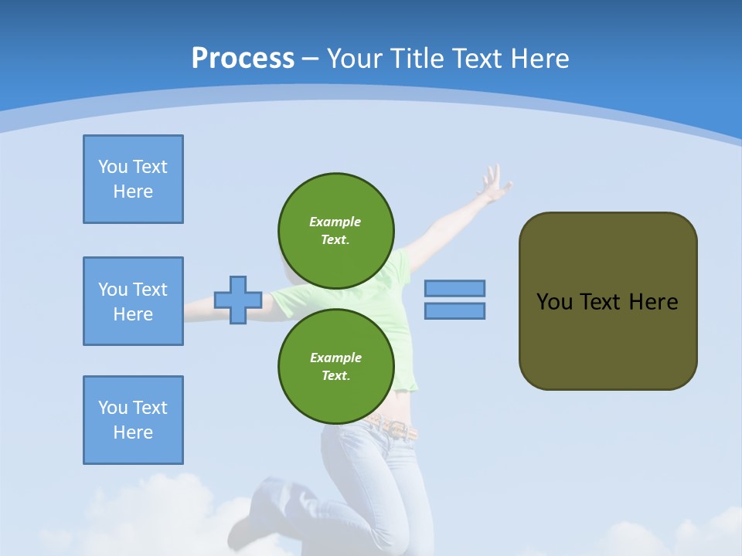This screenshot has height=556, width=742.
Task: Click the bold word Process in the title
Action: click(243, 59)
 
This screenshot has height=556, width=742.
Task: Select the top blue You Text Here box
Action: click(133, 179)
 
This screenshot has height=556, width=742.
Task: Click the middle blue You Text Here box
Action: click(133, 301)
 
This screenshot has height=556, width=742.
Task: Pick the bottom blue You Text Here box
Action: click(133, 420)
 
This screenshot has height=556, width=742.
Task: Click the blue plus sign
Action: click(238, 300)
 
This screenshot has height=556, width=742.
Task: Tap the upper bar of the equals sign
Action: click(454, 288)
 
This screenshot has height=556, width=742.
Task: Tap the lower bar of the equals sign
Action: click(454, 310)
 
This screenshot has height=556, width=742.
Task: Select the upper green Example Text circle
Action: click(335, 231)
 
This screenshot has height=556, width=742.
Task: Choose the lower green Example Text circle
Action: click(335, 367)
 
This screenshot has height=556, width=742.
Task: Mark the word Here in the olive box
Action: click(653, 302)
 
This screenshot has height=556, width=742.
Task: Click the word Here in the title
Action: click(539, 59)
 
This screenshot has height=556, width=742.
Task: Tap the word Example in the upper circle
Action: click(335, 222)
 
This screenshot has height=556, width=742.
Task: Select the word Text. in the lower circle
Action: click(335, 376)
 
